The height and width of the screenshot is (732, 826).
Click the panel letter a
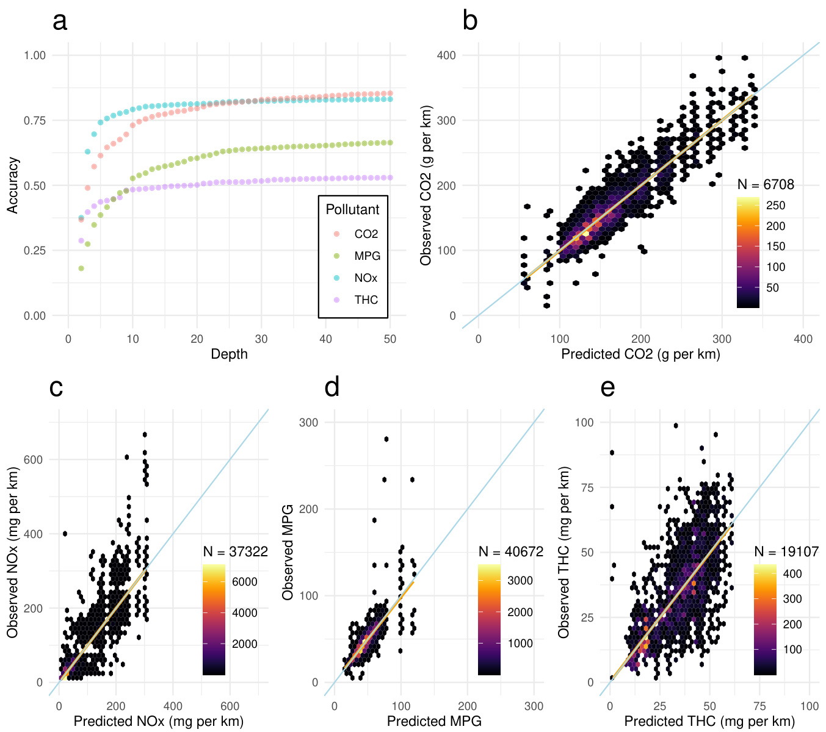pos(60,21)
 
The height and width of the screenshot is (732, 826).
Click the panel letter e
pos(607,388)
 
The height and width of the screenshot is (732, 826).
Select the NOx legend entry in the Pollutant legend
pos(366,278)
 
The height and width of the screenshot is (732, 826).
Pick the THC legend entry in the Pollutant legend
pos(366,300)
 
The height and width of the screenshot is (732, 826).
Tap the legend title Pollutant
pos(352,210)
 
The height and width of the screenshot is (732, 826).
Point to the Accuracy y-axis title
pos(13,185)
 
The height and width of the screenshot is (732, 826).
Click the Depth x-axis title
pos(229,354)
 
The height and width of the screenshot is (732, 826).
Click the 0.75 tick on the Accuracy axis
pos(35,121)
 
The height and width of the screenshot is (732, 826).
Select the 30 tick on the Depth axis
pos(261,339)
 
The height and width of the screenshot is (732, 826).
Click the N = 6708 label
pos(766,185)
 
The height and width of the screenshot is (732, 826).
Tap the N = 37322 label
pos(235,552)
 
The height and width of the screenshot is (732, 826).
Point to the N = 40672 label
pos(511,552)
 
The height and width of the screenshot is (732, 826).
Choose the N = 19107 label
pos(786,552)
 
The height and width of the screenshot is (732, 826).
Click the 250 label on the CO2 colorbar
pos(775,206)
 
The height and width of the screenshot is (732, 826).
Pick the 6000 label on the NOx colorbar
pos(244,582)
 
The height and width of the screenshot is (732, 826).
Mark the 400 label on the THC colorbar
pos(792,574)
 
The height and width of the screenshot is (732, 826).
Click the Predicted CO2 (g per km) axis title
pos(640,354)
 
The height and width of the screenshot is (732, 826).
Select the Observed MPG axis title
pos(288,552)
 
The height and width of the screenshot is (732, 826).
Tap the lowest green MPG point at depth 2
pos(81,268)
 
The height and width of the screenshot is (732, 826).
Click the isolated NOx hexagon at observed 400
pos(65,534)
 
